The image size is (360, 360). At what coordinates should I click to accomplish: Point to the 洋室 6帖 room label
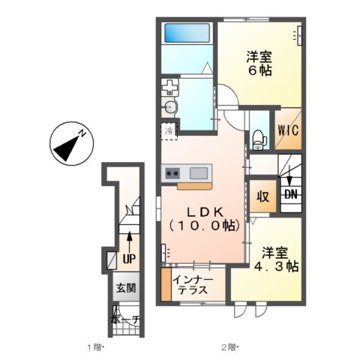click(259, 63)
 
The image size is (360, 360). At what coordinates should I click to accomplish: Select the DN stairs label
click(290, 193)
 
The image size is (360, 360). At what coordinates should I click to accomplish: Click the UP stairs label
click(129, 259)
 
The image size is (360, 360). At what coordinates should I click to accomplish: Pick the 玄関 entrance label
click(126, 287)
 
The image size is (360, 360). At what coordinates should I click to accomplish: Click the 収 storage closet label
click(262, 198)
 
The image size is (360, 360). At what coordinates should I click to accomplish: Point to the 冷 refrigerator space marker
click(169, 130)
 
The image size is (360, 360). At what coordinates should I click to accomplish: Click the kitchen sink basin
click(199, 173)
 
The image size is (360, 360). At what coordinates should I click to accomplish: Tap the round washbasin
click(170, 107)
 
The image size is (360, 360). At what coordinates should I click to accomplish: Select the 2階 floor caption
click(229, 347)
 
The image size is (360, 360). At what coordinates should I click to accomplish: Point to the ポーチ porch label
click(125, 318)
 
